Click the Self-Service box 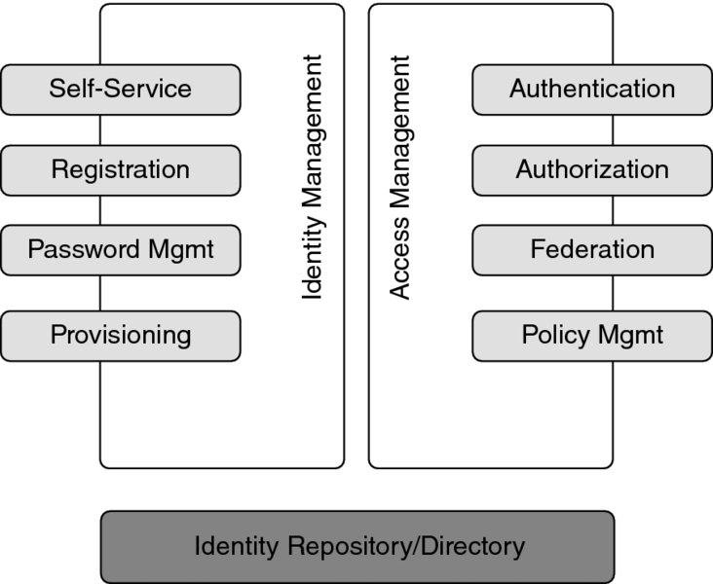(x=120, y=90)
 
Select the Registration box (x=120, y=170)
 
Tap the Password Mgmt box (x=120, y=250)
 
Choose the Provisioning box (x=120, y=336)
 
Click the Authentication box (x=591, y=90)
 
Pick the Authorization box (x=591, y=170)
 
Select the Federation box (x=591, y=250)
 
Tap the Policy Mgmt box (x=591, y=336)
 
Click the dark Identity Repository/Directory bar (x=357, y=547)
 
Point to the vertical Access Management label (x=399, y=177)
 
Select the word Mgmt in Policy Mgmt (x=631, y=336)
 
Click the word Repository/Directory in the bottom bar (x=404, y=547)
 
